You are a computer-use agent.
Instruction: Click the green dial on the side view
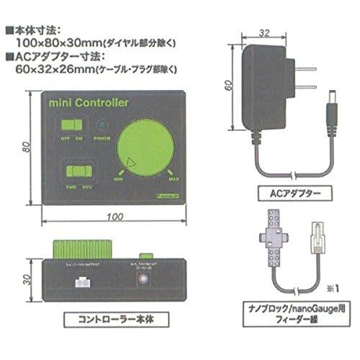click(x=78, y=249)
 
